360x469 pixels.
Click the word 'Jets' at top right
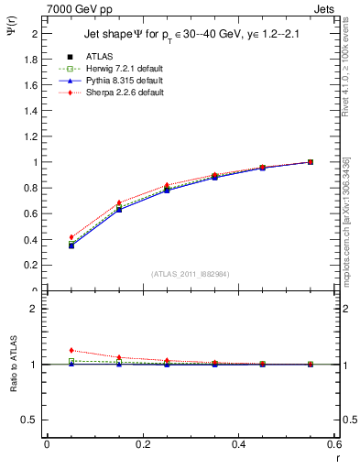[324, 8]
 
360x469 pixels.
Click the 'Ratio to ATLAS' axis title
[12, 364]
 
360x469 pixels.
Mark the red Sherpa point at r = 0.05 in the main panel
[71, 237]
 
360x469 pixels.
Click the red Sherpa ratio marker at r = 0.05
[71, 350]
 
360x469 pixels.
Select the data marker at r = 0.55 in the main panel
[311, 162]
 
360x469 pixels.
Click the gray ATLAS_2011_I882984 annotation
[191, 274]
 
